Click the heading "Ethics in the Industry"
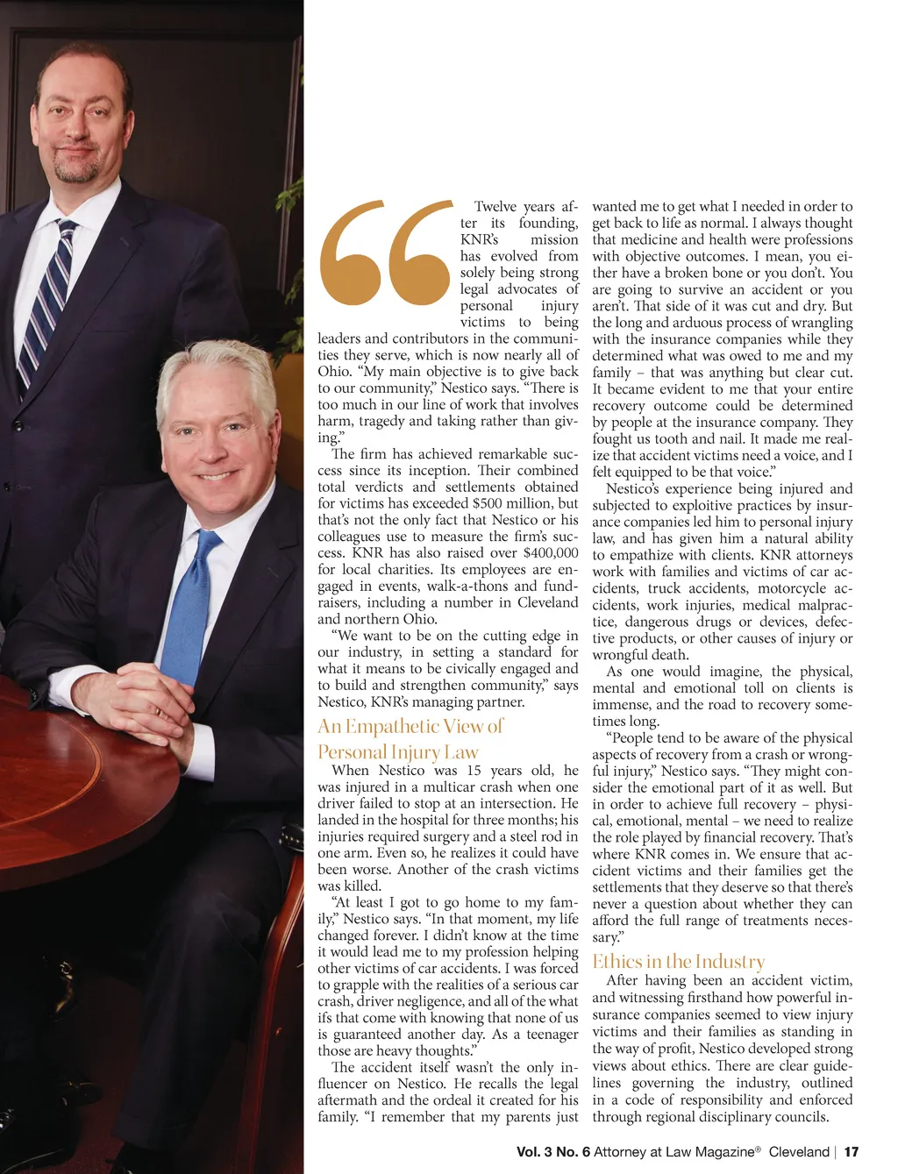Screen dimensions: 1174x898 tap(678, 961)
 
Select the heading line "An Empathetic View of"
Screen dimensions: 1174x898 tap(410, 726)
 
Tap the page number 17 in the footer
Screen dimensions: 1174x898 tap(852, 1151)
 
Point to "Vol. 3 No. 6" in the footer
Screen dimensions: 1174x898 tap(552, 1151)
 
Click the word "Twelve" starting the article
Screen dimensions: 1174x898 tap(495, 207)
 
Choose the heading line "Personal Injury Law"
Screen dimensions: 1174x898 tap(398, 751)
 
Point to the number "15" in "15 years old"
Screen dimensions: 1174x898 tap(474, 771)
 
